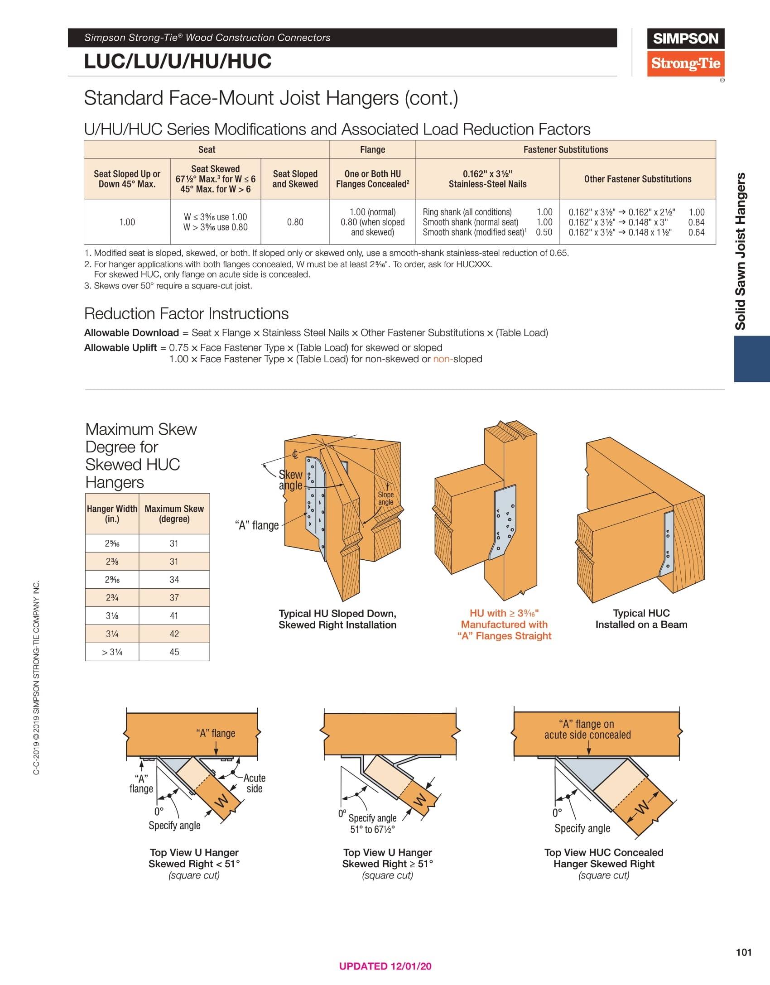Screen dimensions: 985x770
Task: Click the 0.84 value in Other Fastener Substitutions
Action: click(696, 222)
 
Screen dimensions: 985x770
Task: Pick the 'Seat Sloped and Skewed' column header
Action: click(295, 179)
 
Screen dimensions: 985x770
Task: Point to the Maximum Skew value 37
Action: click(174, 598)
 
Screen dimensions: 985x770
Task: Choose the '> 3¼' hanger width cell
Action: click(112, 652)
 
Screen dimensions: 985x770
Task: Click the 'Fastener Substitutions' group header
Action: click(565, 149)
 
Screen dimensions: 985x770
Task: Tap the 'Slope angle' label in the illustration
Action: click(386, 498)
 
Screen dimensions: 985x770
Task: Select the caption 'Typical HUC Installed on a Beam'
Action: click(641, 619)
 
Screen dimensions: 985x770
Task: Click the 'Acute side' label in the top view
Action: click(255, 783)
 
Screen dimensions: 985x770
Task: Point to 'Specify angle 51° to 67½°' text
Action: click(373, 823)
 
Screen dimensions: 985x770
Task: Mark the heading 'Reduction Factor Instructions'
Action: click(186, 313)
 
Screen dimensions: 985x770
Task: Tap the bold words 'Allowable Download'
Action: click(131, 333)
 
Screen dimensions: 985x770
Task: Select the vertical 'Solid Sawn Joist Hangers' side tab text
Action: click(740, 251)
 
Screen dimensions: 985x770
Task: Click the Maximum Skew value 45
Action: click(174, 652)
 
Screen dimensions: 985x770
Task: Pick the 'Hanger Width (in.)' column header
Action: click(112, 514)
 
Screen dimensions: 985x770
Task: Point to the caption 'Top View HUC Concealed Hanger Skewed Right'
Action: click(604, 858)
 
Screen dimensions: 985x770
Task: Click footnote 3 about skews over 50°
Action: click(168, 286)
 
